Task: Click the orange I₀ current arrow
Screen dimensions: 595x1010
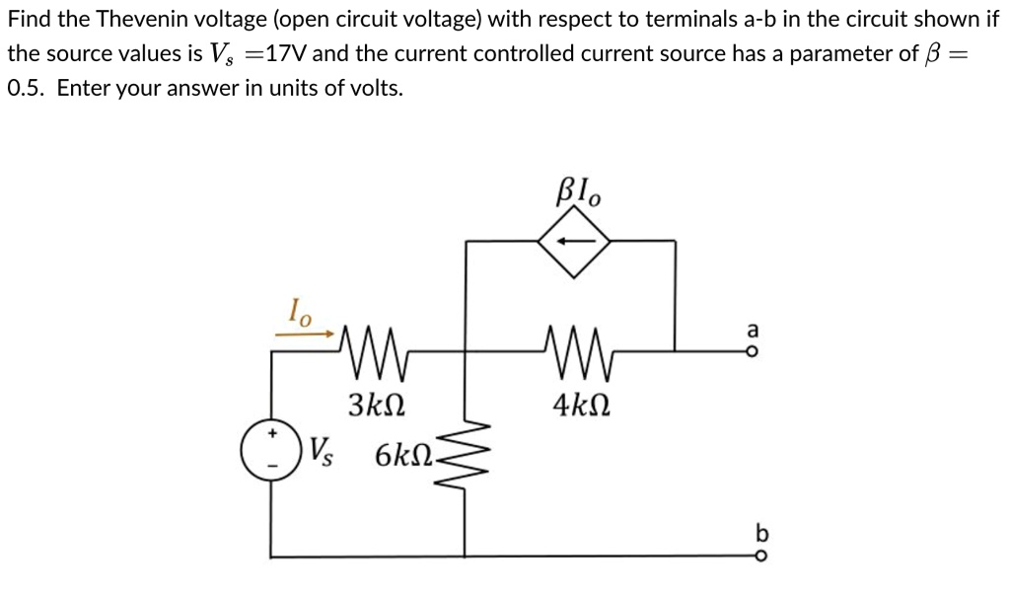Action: tap(305, 334)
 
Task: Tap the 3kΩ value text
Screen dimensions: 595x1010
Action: tap(376, 405)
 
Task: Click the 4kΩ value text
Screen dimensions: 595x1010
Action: tap(581, 405)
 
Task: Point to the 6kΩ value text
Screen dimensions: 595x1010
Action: tap(404, 456)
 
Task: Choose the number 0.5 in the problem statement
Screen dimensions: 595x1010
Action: tap(26, 88)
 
